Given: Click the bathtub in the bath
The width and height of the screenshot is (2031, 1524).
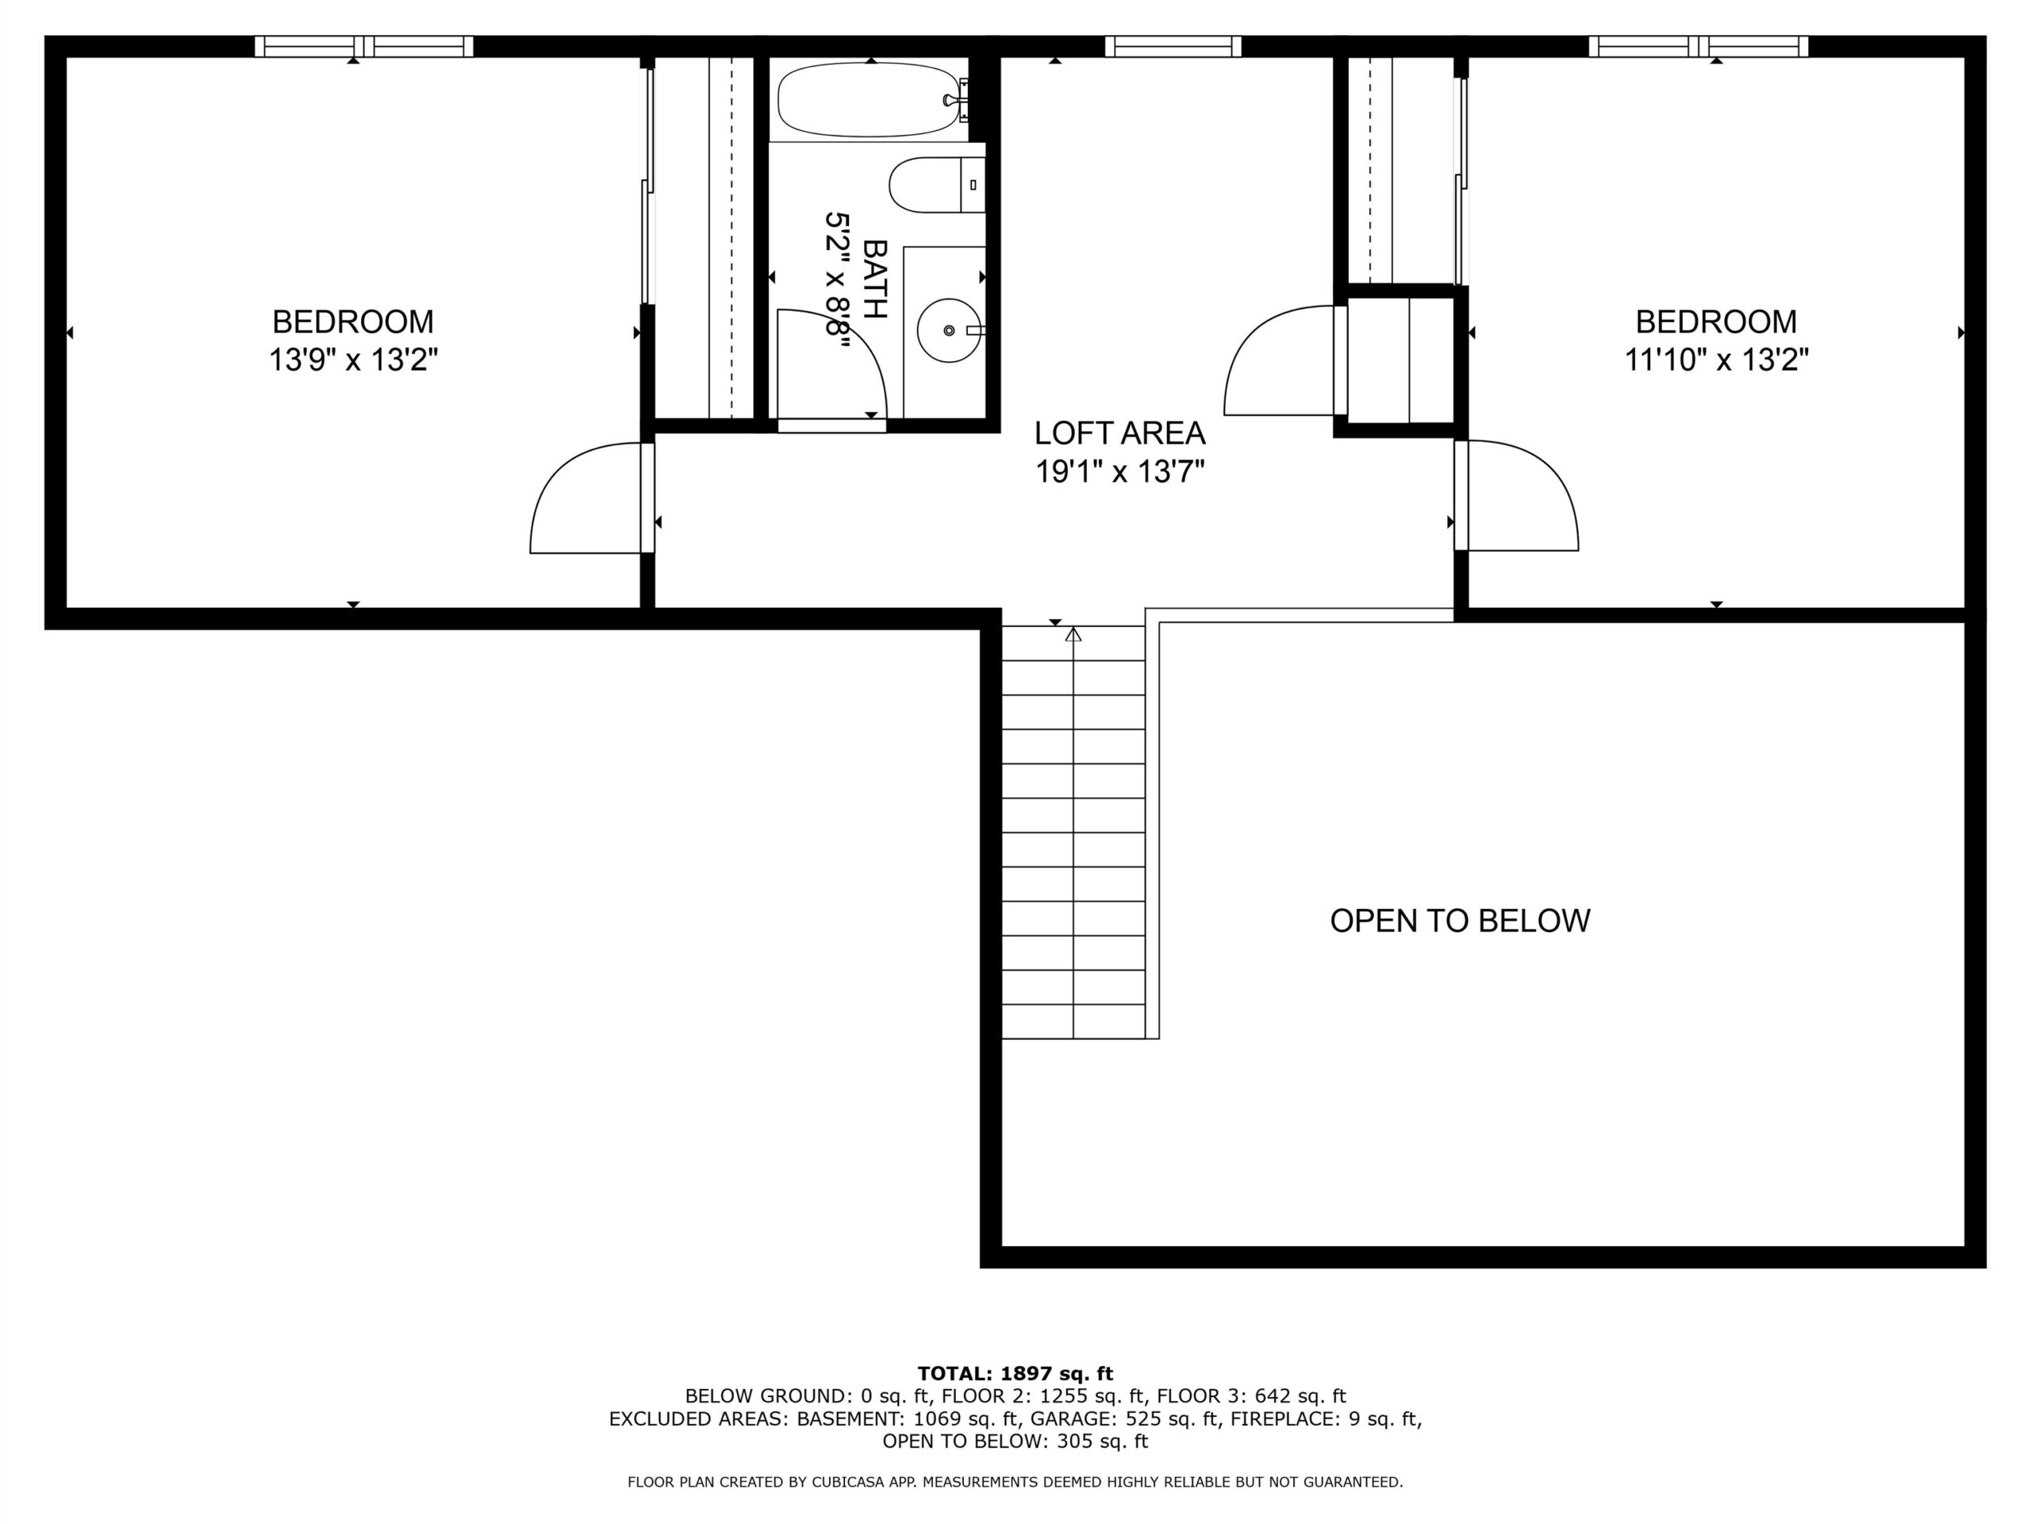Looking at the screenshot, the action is click(x=871, y=99).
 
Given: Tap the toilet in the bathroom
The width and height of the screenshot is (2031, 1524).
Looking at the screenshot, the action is click(x=936, y=185).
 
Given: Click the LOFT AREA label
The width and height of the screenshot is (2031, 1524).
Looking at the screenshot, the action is click(x=1119, y=433).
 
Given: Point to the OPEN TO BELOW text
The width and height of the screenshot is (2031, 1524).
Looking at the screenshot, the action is click(x=1460, y=921).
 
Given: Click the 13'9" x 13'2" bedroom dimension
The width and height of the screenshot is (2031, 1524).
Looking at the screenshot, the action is click(x=352, y=360).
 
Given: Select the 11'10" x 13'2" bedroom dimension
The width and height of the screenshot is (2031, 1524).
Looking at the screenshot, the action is click(x=1716, y=360).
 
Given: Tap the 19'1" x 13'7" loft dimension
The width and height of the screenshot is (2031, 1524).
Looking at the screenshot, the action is click(x=1119, y=472).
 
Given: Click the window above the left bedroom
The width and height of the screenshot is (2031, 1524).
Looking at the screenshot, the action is click(x=363, y=46).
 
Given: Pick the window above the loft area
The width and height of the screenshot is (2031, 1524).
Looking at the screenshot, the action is click(x=1173, y=46).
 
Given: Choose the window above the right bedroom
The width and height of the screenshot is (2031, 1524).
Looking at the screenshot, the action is click(x=1699, y=46).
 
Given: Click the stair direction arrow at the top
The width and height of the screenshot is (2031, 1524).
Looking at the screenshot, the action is click(x=1073, y=634).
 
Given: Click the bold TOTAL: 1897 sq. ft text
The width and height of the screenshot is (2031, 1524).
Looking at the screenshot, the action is click(x=1015, y=1373).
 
